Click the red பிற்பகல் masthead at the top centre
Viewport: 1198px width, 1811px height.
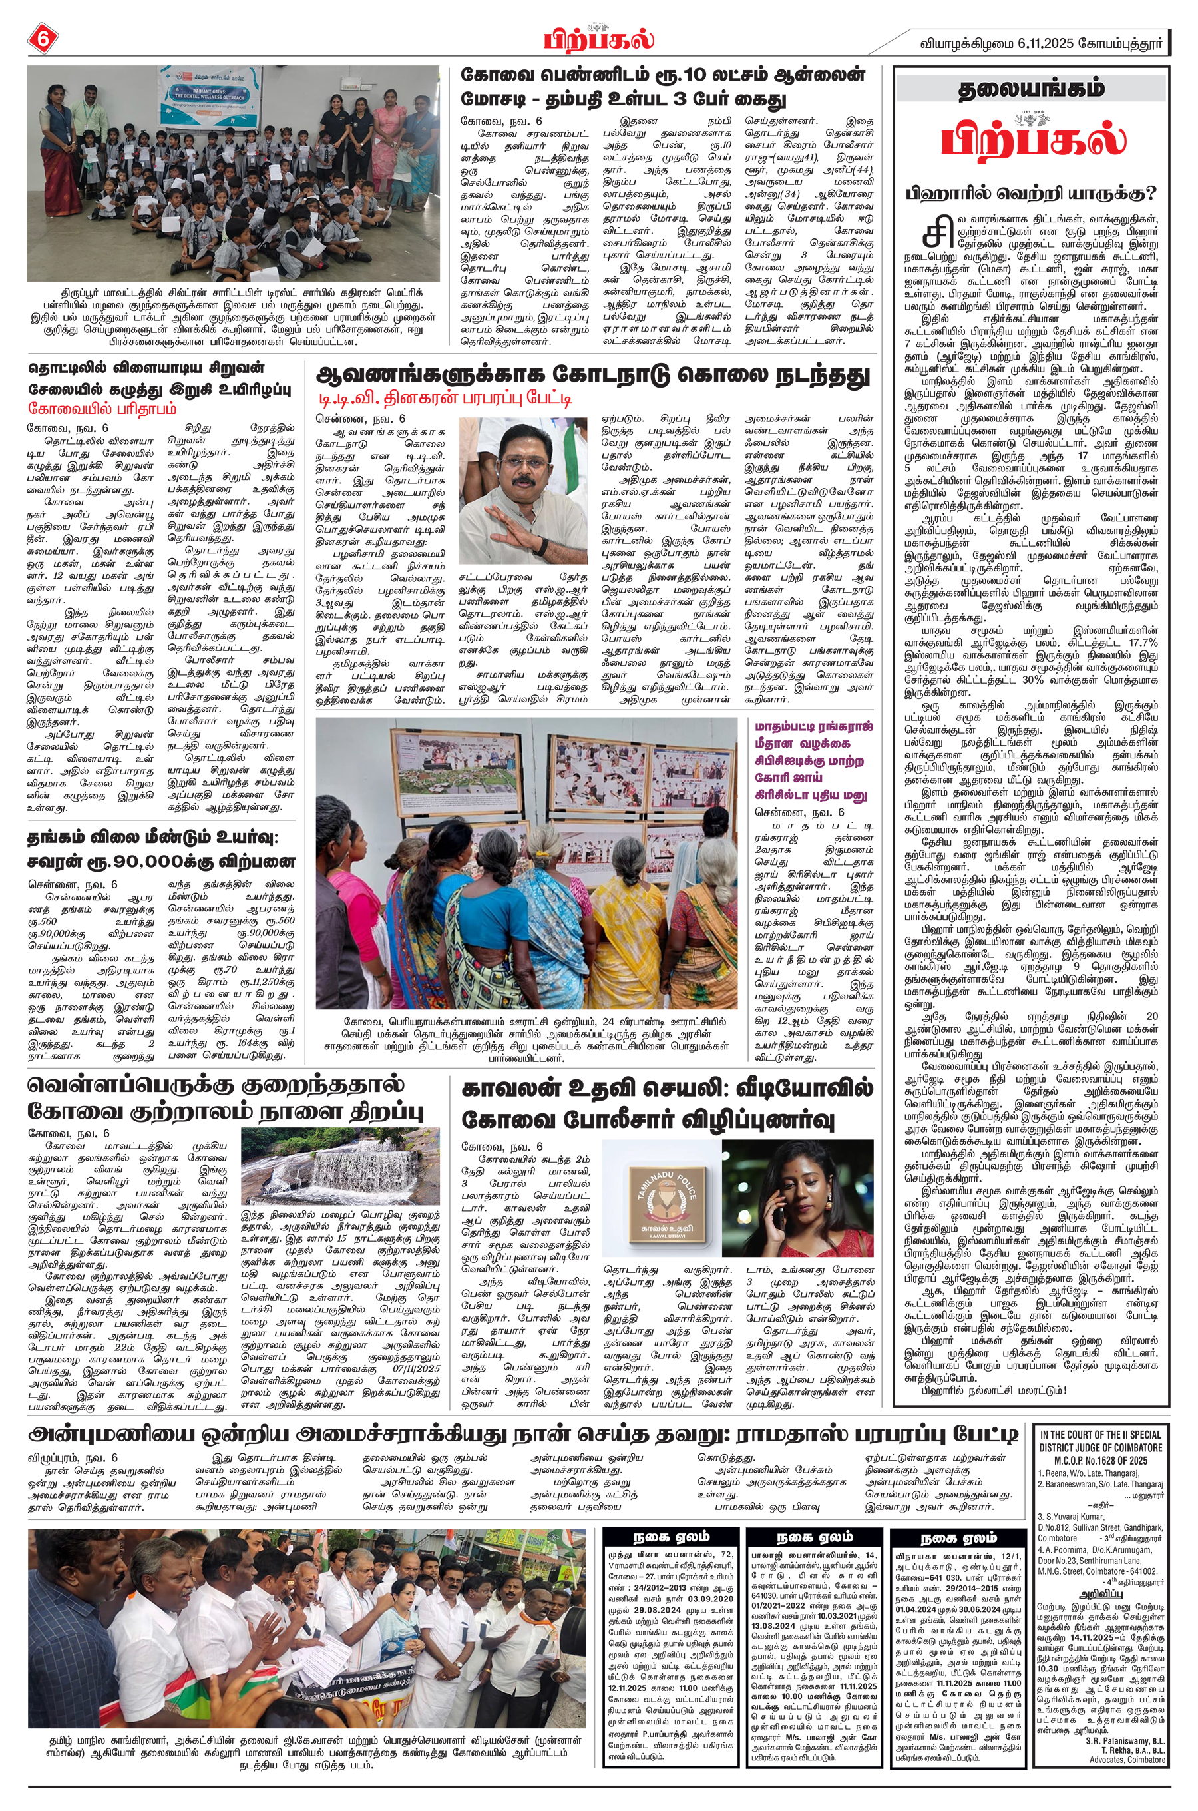click(x=599, y=38)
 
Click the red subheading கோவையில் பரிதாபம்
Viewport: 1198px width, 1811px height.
click(x=102, y=407)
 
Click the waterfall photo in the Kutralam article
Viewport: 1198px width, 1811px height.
click(x=340, y=1166)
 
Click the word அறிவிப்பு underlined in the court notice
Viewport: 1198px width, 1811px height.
click(x=1101, y=1595)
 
